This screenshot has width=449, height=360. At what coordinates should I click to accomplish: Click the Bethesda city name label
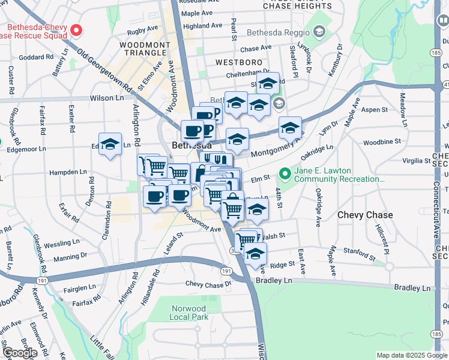point(191,145)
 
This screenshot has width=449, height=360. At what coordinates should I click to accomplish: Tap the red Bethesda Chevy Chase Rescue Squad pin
point(76,29)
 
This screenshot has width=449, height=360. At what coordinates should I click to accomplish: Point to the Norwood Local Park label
point(188,312)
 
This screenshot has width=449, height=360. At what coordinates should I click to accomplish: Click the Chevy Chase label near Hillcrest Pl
point(365,215)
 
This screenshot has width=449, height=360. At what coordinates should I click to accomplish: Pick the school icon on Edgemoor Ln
point(110,145)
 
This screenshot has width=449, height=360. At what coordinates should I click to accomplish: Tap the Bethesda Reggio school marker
point(319,31)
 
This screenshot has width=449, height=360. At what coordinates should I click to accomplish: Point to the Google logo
point(19,353)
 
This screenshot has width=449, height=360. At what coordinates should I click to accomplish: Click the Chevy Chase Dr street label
point(208,284)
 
